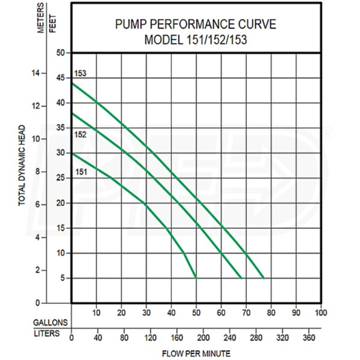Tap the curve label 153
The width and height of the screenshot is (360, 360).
[81, 74]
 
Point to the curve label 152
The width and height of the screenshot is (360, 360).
[81, 134]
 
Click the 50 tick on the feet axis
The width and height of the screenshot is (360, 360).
[61, 53]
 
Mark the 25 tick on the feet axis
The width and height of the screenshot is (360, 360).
[61, 178]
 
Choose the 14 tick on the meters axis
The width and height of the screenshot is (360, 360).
[35, 73]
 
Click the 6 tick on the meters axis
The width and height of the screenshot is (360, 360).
[37, 205]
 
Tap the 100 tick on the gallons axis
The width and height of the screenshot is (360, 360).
[320, 313]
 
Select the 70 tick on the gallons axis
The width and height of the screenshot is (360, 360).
[246, 313]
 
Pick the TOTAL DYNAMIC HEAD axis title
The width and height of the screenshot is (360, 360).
[22, 166]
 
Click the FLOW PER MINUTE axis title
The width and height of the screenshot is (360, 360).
[196, 353]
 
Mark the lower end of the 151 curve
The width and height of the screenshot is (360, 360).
[196, 277]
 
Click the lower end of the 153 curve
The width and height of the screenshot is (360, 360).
[263, 278]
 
